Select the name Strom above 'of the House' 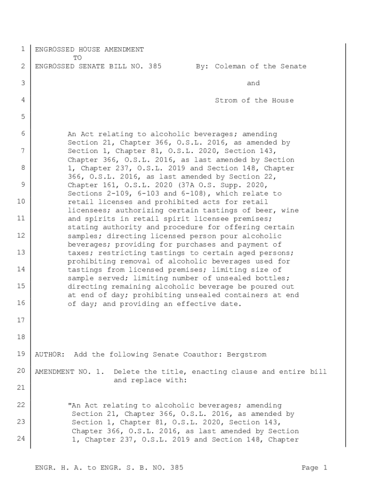pos(225,100)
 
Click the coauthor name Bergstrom pos(249,355)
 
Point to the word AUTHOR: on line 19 pos(50,355)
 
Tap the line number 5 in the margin pos(23,117)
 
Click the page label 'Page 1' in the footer pos(315,467)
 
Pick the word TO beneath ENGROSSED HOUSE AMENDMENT pos(77,58)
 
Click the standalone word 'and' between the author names pos(253,83)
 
